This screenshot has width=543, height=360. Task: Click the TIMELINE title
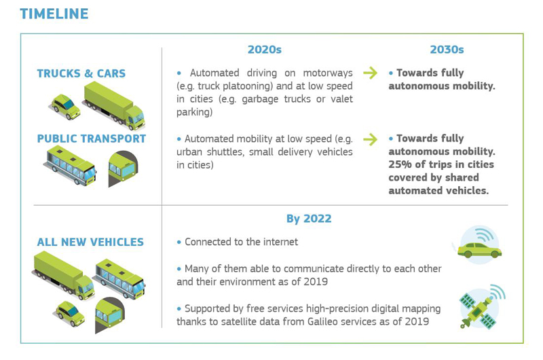54,14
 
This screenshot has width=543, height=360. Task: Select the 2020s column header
265,50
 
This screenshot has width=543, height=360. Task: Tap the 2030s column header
447,50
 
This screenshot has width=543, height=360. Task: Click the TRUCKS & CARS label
81,73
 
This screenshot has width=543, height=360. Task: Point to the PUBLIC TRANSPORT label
92,139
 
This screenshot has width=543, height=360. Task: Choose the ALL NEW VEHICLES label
90,242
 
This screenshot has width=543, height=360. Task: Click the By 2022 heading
309,219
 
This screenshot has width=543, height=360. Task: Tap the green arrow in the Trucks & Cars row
370,73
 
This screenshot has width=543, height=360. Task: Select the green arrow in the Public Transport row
370,139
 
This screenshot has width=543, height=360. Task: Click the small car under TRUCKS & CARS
65,107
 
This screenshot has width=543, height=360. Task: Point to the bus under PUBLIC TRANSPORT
71,165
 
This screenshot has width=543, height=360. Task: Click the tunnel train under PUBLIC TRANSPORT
123,168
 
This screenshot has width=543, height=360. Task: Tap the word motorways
328,73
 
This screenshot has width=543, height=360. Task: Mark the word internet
280,242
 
